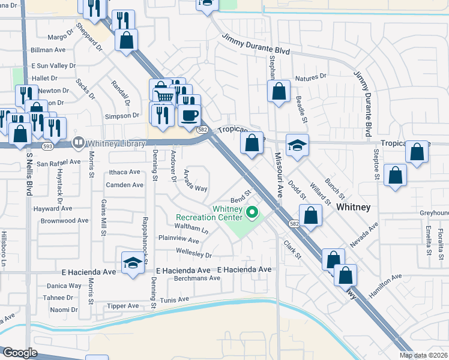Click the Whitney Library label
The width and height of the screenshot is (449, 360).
tap(115, 143)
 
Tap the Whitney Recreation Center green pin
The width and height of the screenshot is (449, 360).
tap(253, 212)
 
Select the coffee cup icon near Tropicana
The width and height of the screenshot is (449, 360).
tap(190, 114)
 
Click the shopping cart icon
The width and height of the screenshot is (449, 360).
tap(164, 96)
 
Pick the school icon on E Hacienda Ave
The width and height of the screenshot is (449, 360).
tap(133, 263)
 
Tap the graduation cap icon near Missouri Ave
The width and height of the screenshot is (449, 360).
tap(297, 145)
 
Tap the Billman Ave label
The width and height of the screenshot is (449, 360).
tap(48, 50)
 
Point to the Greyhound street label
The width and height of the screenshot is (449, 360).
tap(434, 213)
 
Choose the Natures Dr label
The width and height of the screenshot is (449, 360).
tap(310, 77)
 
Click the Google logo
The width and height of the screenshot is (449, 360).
tap(20, 353)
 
